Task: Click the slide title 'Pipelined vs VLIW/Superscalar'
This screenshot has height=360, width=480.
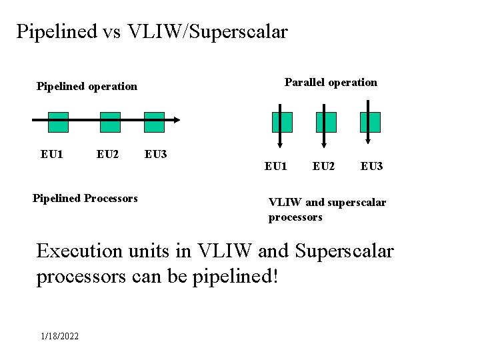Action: coord(152,31)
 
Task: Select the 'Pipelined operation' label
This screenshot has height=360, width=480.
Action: coord(87,86)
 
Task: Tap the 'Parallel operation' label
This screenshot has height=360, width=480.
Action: coord(331,83)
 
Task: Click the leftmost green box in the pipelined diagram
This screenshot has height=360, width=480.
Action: coord(58,122)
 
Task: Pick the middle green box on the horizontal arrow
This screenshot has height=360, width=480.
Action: coord(110,122)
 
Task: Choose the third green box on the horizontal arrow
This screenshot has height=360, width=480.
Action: coord(154,122)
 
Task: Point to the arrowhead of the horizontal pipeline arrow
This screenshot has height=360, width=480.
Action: coord(176,120)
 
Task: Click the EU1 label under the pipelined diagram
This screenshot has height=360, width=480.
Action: coord(52,155)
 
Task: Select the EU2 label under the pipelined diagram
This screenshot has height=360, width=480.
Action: coord(107,155)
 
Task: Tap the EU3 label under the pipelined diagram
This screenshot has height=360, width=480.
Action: coord(155,155)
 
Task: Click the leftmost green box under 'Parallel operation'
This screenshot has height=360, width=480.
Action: coord(282,122)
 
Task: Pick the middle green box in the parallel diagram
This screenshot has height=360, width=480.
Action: coord(326,122)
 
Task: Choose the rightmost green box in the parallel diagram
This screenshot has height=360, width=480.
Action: coord(370,122)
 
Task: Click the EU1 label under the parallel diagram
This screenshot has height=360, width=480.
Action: coord(276,166)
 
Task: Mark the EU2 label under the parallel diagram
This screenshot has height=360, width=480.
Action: coord(323,166)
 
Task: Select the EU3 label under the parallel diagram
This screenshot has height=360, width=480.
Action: coord(371,166)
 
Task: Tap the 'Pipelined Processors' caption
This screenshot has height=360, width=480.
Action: coord(85,198)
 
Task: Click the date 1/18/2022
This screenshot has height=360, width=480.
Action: coord(59,336)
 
